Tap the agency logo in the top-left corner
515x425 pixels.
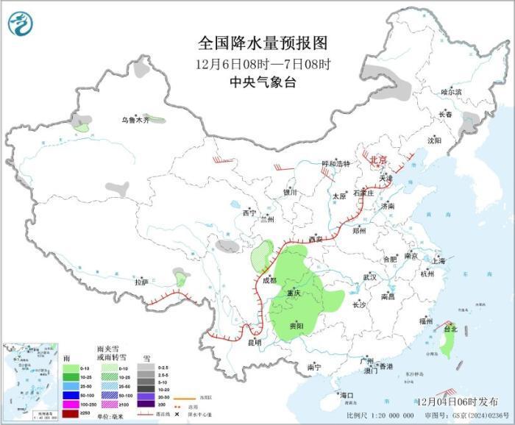(20, 25)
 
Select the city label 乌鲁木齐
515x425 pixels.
(135, 120)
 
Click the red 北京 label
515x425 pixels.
(377, 160)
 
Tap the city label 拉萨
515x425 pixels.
(141, 282)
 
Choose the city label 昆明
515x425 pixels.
(254, 342)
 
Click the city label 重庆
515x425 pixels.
(294, 292)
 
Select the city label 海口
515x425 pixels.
(347, 396)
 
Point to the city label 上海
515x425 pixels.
(439, 260)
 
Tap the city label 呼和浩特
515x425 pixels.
(336, 163)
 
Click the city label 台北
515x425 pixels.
(450, 330)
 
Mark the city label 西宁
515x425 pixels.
(249, 213)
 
